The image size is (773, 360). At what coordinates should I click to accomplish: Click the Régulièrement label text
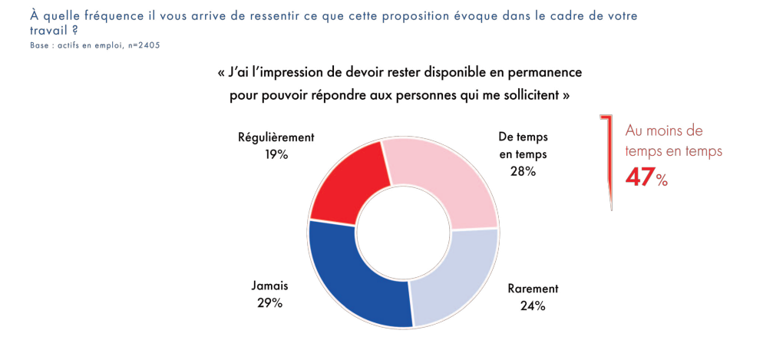point(276,137)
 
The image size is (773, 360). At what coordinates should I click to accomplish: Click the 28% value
point(523,171)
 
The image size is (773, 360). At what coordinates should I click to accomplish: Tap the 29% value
point(269,302)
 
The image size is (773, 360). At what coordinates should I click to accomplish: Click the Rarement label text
point(533,289)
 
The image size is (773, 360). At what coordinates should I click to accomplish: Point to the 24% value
point(532,306)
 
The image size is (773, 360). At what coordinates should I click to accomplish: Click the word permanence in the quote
point(549,74)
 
